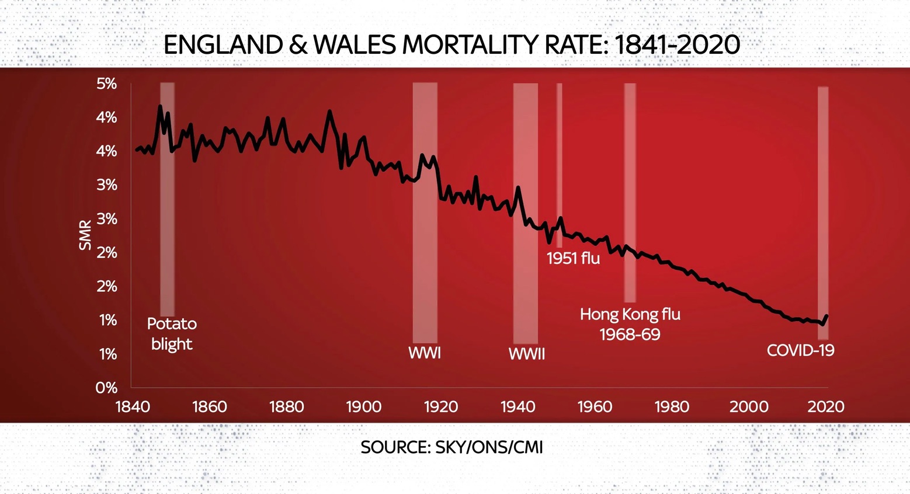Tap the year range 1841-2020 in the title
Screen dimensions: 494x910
click(678, 45)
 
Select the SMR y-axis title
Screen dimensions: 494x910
click(86, 235)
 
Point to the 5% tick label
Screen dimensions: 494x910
click(107, 84)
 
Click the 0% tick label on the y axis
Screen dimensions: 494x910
click(107, 388)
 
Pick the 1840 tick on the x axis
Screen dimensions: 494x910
click(133, 406)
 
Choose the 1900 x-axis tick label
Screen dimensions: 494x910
click(363, 406)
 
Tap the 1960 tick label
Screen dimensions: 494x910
click(595, 406)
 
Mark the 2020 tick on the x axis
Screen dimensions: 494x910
click(826, 406)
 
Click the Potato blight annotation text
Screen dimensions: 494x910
click(172, 333)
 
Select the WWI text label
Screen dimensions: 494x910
click(425, 353)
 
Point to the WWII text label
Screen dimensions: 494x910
click(526, 354)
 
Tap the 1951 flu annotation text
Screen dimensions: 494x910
click(573, 258)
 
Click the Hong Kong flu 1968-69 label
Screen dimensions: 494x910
click(630, 324)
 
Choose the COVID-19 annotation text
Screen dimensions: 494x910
click(800, 350)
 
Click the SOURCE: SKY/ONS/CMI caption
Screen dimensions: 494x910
click(451, 447)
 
